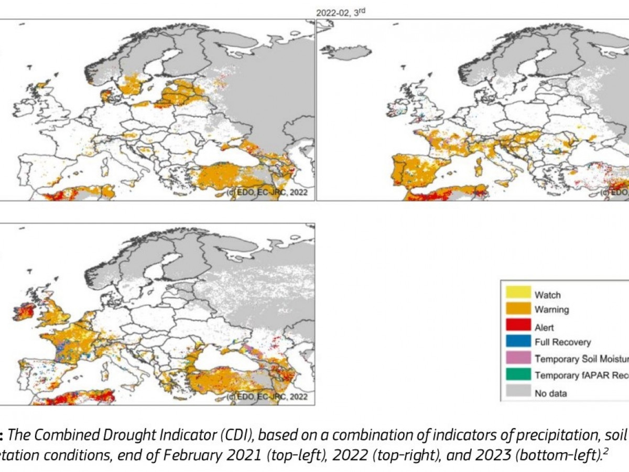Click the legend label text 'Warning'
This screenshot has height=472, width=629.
pos(551,309)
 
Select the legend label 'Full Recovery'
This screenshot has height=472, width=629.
pos(562,342)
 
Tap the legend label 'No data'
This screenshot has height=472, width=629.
pos(551,392)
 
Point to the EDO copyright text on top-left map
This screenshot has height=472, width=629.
pos(267,193)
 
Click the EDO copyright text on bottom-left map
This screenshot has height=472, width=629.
pos(267,396)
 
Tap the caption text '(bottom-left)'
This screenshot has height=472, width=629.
pos(463,454)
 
